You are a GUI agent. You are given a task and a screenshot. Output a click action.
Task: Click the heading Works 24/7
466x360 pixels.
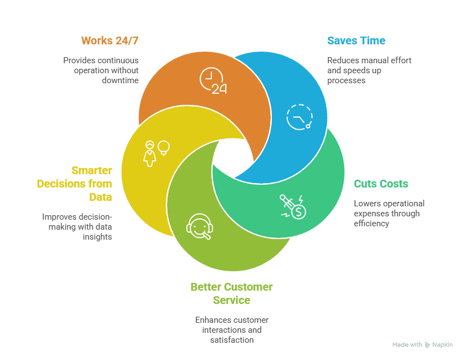tap(110, 40)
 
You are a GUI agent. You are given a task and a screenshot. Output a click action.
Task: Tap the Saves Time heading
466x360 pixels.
tap(356, 40)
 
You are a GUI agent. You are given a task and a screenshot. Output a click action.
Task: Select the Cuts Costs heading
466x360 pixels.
tap(381, 184)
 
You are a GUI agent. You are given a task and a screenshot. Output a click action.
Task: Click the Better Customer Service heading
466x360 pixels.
tap(231, 293)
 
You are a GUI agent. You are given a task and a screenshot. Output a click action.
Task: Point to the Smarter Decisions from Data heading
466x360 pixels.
tap(75, 184)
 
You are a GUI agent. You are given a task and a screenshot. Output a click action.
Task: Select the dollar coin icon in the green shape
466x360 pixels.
tap(292, 206)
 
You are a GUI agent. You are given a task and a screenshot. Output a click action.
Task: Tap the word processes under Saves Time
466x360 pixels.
tap(346, 80)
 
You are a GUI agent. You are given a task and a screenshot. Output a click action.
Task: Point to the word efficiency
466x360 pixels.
tap(371, 224)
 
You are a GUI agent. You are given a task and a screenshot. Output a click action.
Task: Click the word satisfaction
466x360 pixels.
tap(232, 340)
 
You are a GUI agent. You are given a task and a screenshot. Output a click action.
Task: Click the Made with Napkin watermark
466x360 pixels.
tap(422, 344)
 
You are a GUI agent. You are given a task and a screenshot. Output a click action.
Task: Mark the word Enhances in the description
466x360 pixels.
tap(212, 320)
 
